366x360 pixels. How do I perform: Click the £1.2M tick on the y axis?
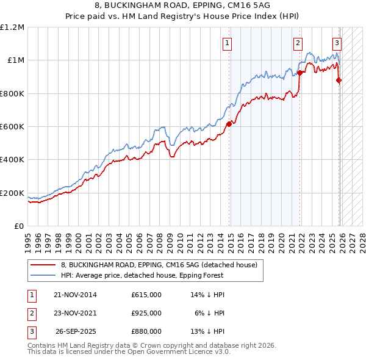(12, 27)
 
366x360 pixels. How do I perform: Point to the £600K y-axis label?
(12, 127)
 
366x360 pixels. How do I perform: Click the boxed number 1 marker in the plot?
(227, 43)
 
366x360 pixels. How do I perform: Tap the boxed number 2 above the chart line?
(298, 43)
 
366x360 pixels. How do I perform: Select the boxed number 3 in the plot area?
(337, 43)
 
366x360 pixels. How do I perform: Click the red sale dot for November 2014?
(229, 124)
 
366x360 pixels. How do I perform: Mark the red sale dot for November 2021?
(300, 73)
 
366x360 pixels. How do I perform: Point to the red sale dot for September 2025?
(339, 80)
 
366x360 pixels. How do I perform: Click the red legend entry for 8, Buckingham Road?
(159, 265)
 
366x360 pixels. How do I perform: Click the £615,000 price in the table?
(146, 295)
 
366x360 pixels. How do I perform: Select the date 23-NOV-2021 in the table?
(75, 313)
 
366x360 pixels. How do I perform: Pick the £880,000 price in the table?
(146, 331)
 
